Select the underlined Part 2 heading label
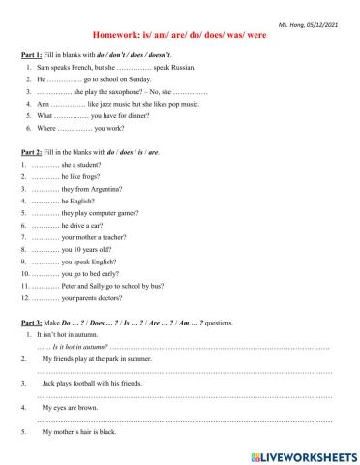tap(32, 153)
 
